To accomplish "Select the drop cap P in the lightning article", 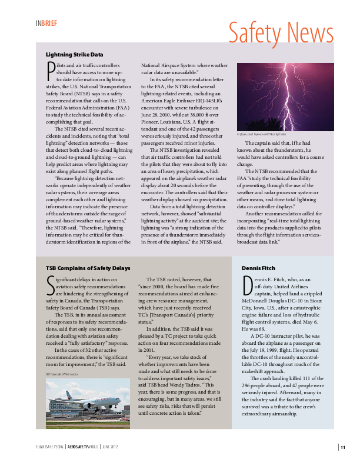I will (x=50, y=72).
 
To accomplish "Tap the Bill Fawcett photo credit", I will (x=64, y=374).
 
